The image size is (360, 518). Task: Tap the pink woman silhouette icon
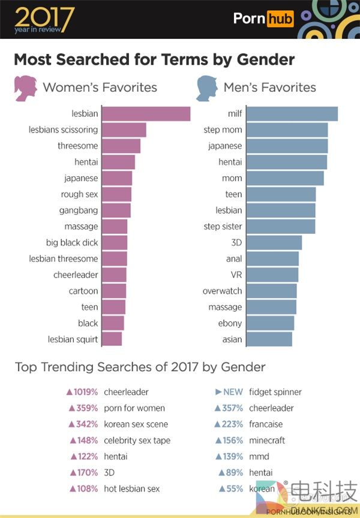click(25, 88)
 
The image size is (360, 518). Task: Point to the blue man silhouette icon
click(207, 88)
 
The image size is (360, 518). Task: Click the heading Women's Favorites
click(100, 88)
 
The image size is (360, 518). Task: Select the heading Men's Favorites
click(269, 88)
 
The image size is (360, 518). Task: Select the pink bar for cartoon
click(113, 291)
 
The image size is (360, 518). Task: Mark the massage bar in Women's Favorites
click(114, 227)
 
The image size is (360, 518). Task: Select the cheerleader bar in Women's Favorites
click(113, 275)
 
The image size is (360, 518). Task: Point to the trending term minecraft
click(266, 440)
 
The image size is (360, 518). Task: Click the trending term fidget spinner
click(275, 392)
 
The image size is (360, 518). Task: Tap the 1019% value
click(85, 392)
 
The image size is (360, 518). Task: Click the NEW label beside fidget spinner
click(233, 392)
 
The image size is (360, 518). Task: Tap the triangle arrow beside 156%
click(218, 440)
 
